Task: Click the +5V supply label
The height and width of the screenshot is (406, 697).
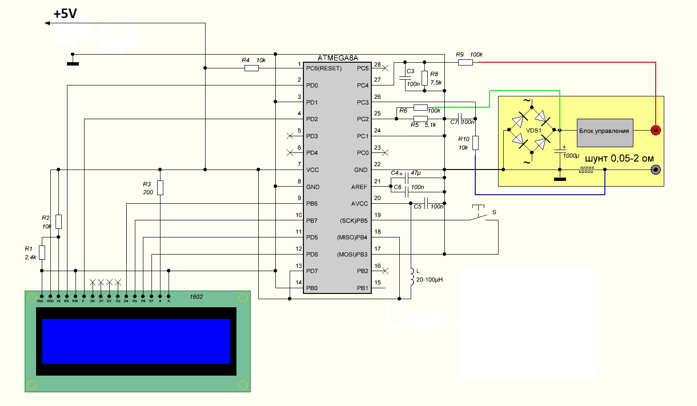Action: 65,14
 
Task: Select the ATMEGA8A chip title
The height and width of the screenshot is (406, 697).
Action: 338,58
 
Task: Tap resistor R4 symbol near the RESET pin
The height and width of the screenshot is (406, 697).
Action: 251,68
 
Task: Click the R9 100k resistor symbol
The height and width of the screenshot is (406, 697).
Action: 465,62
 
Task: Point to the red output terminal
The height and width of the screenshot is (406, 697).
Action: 655,130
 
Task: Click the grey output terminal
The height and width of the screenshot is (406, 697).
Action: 656,170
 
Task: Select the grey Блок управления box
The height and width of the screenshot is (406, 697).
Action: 604,132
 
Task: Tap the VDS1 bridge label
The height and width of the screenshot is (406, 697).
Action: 534,131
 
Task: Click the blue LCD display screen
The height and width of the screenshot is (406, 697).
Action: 136,341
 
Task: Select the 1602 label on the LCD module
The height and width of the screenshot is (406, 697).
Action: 196,297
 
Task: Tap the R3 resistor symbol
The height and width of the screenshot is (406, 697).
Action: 160,188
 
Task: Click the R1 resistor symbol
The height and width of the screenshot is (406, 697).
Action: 42,253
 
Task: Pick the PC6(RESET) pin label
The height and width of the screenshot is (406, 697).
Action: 324,68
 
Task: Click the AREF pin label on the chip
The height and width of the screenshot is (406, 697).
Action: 359,187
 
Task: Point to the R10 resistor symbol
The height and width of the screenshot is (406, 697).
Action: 475,143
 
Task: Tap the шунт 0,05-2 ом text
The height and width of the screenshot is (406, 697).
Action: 619,159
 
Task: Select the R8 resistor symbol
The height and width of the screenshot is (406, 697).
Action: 424,78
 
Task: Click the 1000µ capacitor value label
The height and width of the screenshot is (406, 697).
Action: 571,156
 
